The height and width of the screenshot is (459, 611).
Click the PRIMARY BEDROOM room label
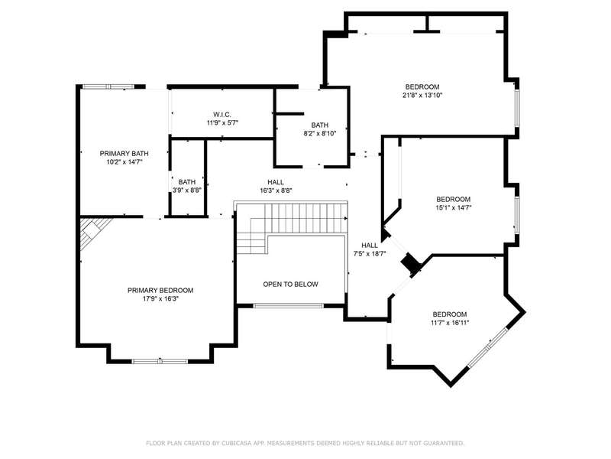(x=160, y=291)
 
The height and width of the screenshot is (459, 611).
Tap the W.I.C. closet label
(x=222, y=115)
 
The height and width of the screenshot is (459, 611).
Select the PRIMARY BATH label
(x=124, y=154)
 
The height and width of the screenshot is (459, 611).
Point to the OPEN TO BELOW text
(x=291, y=285)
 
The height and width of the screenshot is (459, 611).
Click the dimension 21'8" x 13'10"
(x=422, y=95)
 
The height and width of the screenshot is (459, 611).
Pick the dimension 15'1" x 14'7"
(x=454, y=207)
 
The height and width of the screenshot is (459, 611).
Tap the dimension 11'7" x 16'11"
(x=450, y=323)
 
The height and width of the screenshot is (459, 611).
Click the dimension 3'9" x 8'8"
(x=187, y=190)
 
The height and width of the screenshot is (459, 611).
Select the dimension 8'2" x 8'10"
(x=320, y=133)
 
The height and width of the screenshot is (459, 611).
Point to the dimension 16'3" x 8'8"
(x=276, y=190)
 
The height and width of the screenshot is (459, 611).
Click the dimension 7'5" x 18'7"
(x=370, y=254)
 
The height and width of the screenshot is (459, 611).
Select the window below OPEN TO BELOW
(x=289, y=305)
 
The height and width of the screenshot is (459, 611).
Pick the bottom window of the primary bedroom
(x=160, y=361)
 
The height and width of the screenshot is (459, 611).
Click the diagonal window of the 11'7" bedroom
(x=487, y=347)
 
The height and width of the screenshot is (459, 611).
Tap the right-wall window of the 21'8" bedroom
(x=517, y=109)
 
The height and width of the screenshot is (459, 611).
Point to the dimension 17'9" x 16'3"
(x=160, y=299)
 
